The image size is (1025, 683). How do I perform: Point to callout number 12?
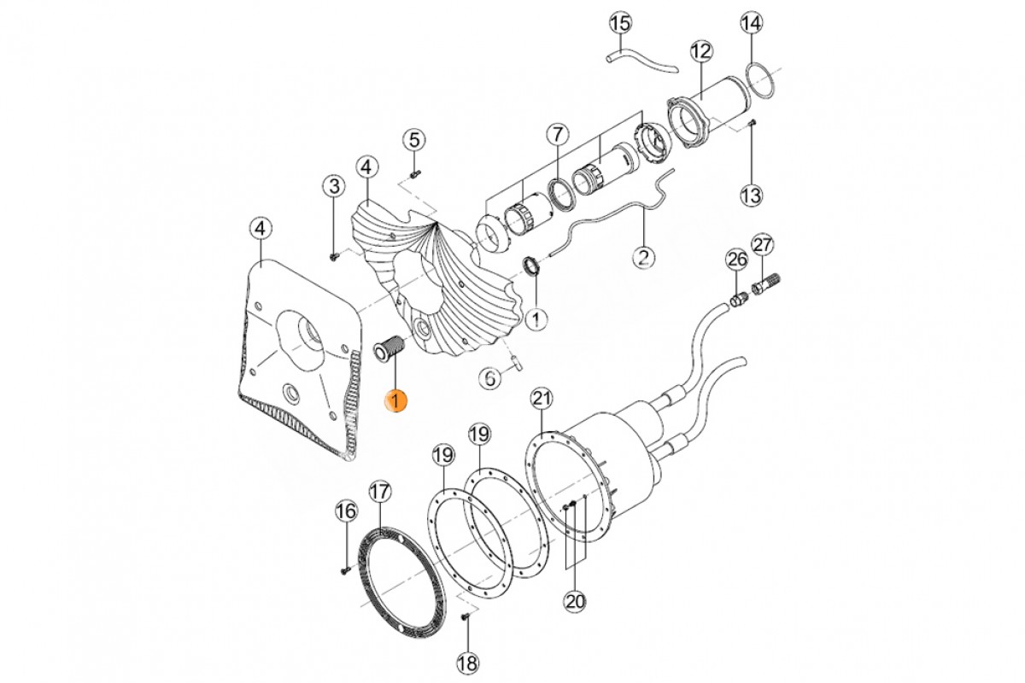point(700,51)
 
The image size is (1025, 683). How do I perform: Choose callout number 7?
point(557,134)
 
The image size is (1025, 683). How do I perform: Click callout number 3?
point(333,185)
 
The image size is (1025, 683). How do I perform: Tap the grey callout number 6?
point(489,377)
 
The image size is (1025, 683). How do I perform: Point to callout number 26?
point(736,260)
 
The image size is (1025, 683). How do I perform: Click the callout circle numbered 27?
point(763,245)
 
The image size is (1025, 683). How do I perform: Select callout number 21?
point(542,398)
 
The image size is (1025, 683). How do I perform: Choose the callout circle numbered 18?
point(468,662)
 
